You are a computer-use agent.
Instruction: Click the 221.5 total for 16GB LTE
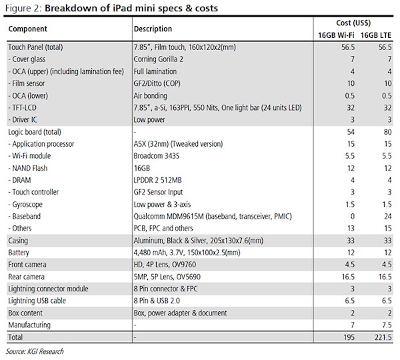tap(380, 338)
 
